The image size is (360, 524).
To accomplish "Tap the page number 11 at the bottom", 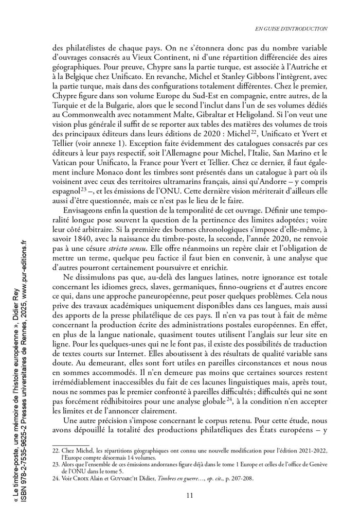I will pos(190,495).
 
